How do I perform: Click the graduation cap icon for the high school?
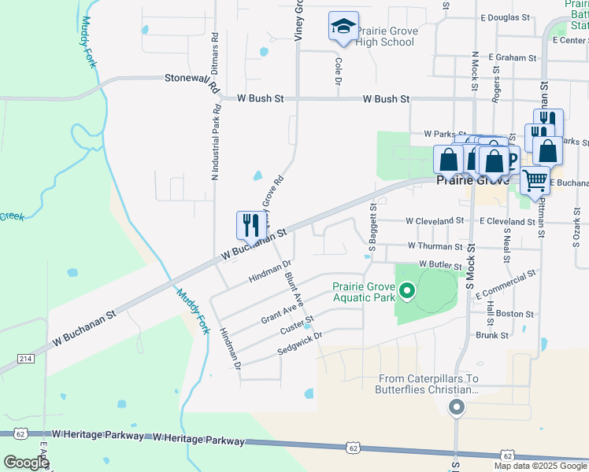(343, 26)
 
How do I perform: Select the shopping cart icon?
(535, 180)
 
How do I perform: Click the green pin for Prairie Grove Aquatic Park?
(407, 293)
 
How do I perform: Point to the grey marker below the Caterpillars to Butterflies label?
(456, 407)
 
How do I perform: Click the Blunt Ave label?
(294, 289)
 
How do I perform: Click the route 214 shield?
(25, 358)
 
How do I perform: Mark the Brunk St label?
(492, 334)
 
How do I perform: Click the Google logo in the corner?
(26, 463)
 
